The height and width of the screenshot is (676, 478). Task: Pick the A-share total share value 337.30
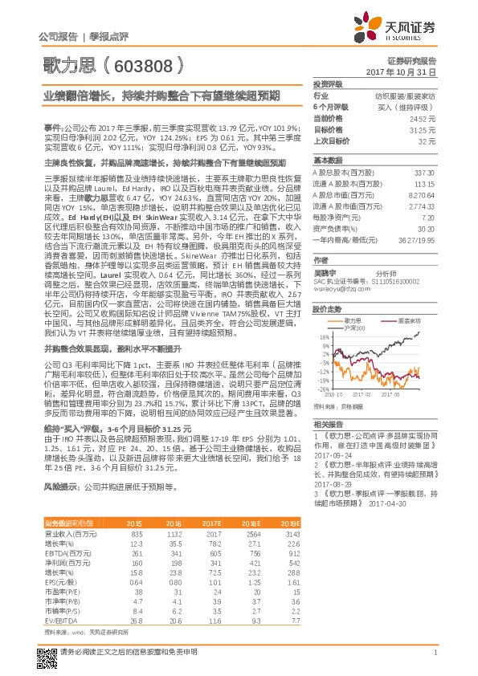click(x=424, y=173)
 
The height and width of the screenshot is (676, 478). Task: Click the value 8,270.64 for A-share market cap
click(x=422, y=195)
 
